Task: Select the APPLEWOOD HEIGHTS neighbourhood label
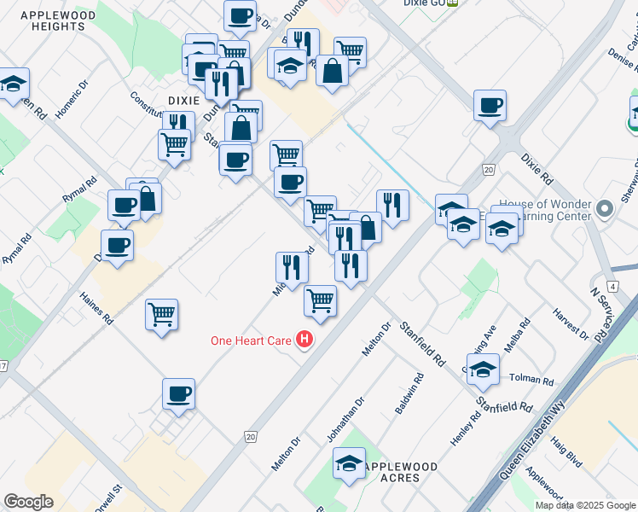pyautogui.click(x=52, y=21)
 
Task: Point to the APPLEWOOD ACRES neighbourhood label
pyautogui.click(x=400, y=473)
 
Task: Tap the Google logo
pyautogui.click(x=28, y=502)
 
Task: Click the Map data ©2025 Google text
pyautogui.click(x=585, y=505)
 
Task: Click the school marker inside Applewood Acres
pyautogui.click(x=348, y=465)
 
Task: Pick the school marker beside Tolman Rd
pyautogui.click(x=483, y=369)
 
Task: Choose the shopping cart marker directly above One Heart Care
pyautogui.click(x=320, y=300)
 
